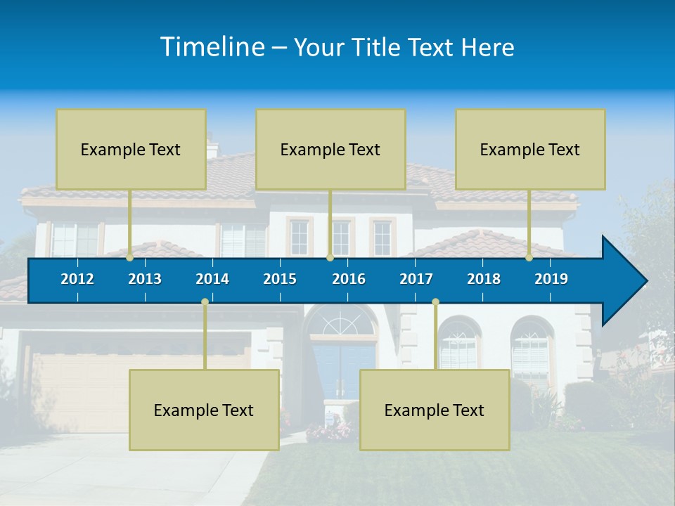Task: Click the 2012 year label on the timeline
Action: point(77,279)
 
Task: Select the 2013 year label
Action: point(145,279)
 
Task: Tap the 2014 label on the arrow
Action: point(212,279)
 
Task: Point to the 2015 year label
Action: point(280,279)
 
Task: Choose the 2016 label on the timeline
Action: point(349,279)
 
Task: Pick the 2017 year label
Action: point(416,279)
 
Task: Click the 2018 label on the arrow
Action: point(484,279)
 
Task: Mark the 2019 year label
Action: point(551,279)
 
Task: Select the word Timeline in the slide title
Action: point(212,47)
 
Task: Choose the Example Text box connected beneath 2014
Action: point(204,410)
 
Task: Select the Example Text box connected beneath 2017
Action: point(435,410)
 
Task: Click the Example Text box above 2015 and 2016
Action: point(330,150)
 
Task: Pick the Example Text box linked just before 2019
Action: point(530,150)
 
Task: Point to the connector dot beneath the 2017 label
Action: point(435,301)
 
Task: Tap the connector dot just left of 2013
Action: point(130,257)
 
